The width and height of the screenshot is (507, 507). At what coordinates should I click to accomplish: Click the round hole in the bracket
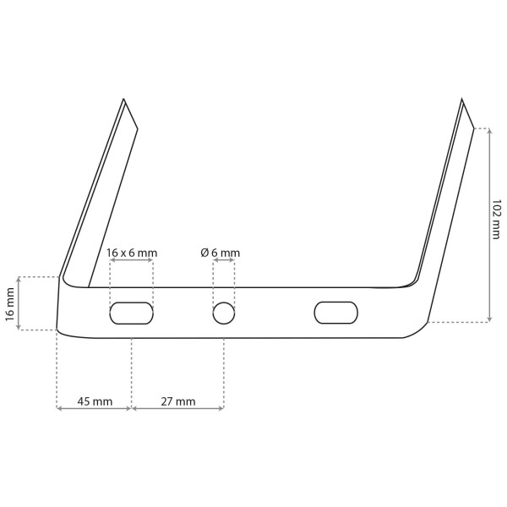(x=224, y=313)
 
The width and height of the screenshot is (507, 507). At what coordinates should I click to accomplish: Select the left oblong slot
(x=131, y=313)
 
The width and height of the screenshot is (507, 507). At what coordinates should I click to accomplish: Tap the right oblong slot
(x=336, y=313)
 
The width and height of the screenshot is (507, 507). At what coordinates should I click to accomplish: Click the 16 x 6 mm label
(x=132, y=253)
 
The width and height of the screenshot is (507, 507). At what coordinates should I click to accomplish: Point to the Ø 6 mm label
(x=221, y=253)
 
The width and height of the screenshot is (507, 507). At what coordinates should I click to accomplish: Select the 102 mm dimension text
(x=496, y=219)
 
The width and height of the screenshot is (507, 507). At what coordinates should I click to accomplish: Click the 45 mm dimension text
(x=95, y=401)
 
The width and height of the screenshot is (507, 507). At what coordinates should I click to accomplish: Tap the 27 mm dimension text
(x=178, y=401)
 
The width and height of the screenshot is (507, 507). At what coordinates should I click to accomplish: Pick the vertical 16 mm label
(x=10, y=304)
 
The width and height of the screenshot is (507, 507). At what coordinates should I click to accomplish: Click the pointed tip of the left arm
(x=123, y=99)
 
